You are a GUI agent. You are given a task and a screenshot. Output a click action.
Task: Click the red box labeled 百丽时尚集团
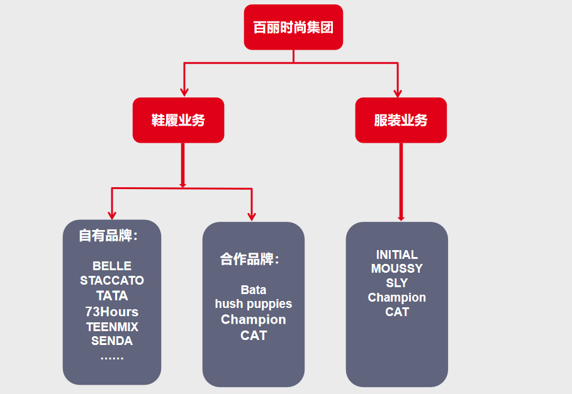pyautogui.click(x=293, y=27)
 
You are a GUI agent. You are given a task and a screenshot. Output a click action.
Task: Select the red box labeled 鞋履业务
pyautogui.click(x=178, y=120)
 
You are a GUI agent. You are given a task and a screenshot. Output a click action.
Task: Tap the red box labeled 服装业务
pyautogui.click(x=401, y=120)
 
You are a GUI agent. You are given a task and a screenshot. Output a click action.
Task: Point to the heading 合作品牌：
pyautogui.click(x=250, y=259)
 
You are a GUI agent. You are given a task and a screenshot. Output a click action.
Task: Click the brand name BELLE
pyautogui.click(x=112, y=266)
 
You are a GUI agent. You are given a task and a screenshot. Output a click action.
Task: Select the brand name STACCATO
pyautogui.click(x=112, y=280)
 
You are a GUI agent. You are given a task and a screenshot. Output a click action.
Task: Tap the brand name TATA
pyautogui.click(x=112, y=295)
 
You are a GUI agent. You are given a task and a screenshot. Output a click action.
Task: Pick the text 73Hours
pyautogui.click(x=112, y=311)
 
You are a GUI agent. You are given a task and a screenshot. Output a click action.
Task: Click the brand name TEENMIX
pyautogui.click(x=112, y=327)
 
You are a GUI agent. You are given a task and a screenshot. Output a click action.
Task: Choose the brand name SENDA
pyautogui.click(x=112, y=341)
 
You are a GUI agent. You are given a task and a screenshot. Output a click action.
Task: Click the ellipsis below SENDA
pyautogui.click(x=112, y=356)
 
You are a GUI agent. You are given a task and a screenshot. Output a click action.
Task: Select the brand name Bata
pyautogui.click(x=254, y=290)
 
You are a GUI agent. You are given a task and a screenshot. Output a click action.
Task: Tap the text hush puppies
pyautogui.click(x=254, y=304)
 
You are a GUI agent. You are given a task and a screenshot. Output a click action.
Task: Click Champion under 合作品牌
pyautogui.click(x=254, y=319)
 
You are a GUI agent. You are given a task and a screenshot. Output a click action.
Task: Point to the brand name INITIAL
pyautogui.click(x=397, y=254)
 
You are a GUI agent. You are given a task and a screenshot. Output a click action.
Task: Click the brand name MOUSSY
pyautogui.click(x=397, y=268)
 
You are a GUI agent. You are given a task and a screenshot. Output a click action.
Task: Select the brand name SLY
pyautogui.click(x=397, y=283)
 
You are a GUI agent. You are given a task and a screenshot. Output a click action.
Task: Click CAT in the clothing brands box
pyautogui.click(x=397, y=312)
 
